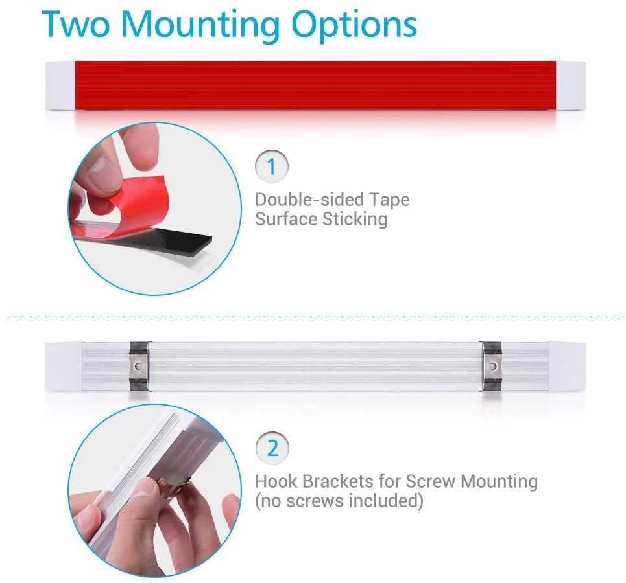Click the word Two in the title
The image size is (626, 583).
[x=75, y=24]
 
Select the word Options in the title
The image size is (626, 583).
[x=354, y=26]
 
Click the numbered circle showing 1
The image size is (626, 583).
[x=271, y=166]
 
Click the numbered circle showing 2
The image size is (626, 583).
[x=272, y=448]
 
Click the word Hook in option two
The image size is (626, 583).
[x=276, y=481]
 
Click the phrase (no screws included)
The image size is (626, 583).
[x=339, y=501]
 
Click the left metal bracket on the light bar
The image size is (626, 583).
[x=139, y=366]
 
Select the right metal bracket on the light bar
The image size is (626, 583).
[x=492, y=366]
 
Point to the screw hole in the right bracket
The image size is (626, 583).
[x=493, y=366]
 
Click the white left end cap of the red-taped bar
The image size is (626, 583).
[x=60, y=86]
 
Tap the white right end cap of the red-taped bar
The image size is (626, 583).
[x=571, y=86]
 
